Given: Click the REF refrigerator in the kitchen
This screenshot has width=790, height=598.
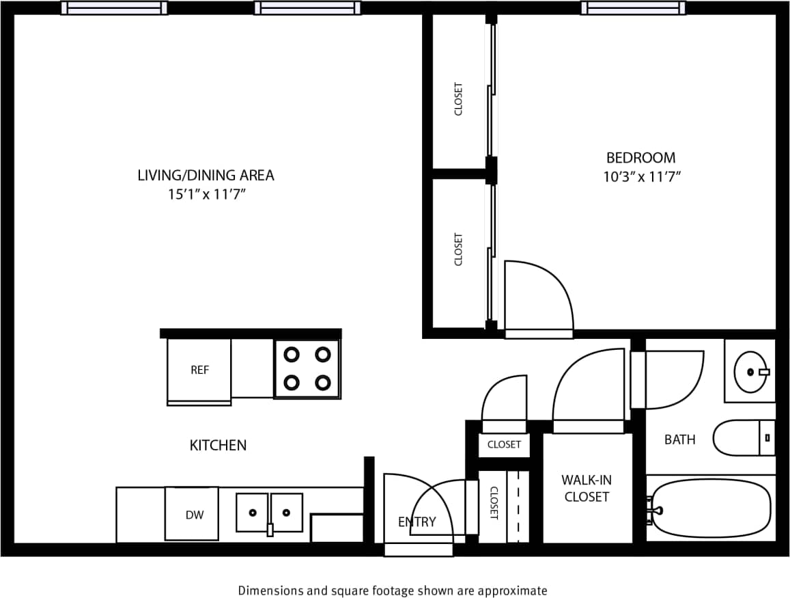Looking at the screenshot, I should click(199, 370).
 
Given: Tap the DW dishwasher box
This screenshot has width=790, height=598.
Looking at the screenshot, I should click(192, 514).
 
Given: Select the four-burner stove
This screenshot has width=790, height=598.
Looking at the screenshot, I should click(307, 368).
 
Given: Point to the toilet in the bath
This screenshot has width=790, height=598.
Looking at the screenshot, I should click(743, 437).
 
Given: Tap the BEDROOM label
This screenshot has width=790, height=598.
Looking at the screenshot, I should click(640, 158).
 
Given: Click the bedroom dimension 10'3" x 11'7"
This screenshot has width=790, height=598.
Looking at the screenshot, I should click(642, 177).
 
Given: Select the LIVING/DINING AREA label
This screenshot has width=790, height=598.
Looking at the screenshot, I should click(206, 175).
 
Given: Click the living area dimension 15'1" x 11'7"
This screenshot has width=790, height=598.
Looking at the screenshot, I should click(206, 194).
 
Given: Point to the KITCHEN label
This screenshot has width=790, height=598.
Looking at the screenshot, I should click(218, 446).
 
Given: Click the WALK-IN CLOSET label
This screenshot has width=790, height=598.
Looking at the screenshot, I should click(587, 488).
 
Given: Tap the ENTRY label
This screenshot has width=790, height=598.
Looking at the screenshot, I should click(417, 522).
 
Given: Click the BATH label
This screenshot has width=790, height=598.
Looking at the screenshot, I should click(679, 439).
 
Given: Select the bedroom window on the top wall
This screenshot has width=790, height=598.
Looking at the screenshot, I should click(633, 8).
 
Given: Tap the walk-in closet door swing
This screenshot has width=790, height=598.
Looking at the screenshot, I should click(589, 389).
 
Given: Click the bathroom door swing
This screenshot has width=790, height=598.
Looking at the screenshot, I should click(673, 379).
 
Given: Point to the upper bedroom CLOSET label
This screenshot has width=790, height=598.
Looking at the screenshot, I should click(458, 99).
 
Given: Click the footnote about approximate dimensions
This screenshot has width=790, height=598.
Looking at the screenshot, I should click(392, 590).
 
